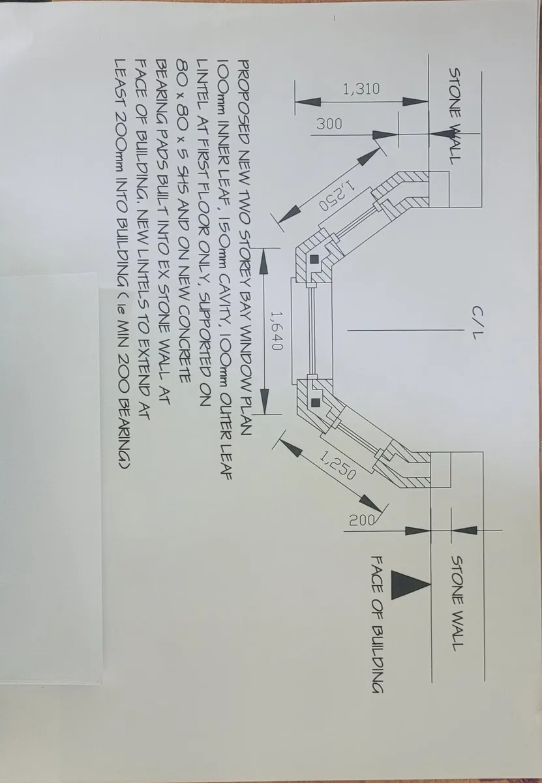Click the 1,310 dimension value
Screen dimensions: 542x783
click(361, 89)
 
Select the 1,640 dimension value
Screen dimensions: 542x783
click(276, 330)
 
